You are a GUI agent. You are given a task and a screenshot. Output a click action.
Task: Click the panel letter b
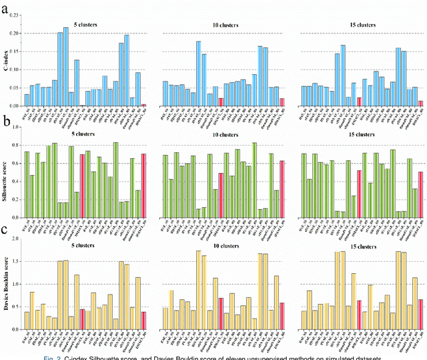pyautogui.click(x=5, y=122)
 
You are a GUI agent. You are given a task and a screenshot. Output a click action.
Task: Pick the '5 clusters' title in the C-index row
pyautogui.click(x=84, y=25)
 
